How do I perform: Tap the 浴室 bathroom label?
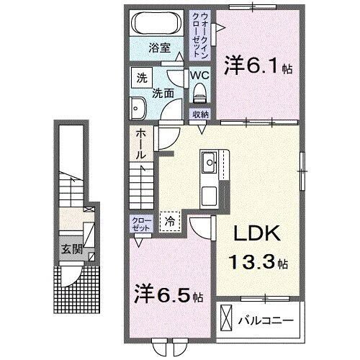click(159, 48)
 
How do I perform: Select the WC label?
click(200, 74)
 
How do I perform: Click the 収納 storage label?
click(200, 114)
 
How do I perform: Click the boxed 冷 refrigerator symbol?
click(170, 222)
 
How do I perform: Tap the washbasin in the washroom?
click(138, 109)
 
